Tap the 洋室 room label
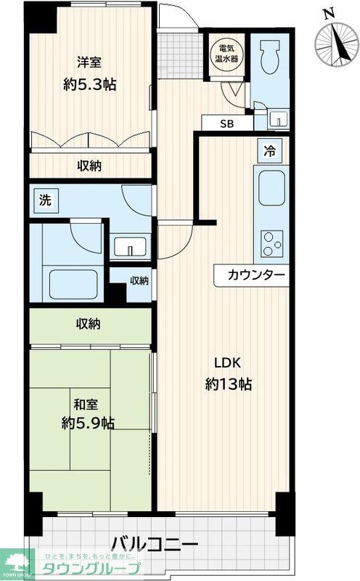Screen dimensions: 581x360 89,62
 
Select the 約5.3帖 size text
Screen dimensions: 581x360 89,84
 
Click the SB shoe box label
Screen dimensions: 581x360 227,123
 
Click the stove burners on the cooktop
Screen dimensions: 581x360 272,243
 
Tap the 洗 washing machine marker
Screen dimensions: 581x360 45,201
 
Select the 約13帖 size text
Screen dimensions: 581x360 228,385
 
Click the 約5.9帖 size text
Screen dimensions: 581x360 87,422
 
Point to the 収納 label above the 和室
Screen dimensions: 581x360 89,324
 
